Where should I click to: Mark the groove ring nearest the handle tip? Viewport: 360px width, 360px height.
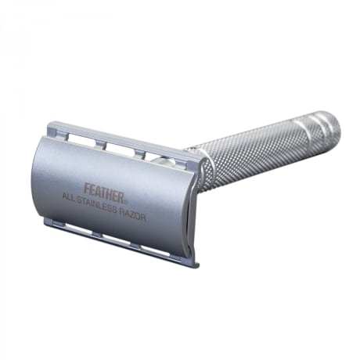pyautogui.click(x=315, y=129)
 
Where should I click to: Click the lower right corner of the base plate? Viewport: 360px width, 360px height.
pyautogui.click(x=193, y=265)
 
